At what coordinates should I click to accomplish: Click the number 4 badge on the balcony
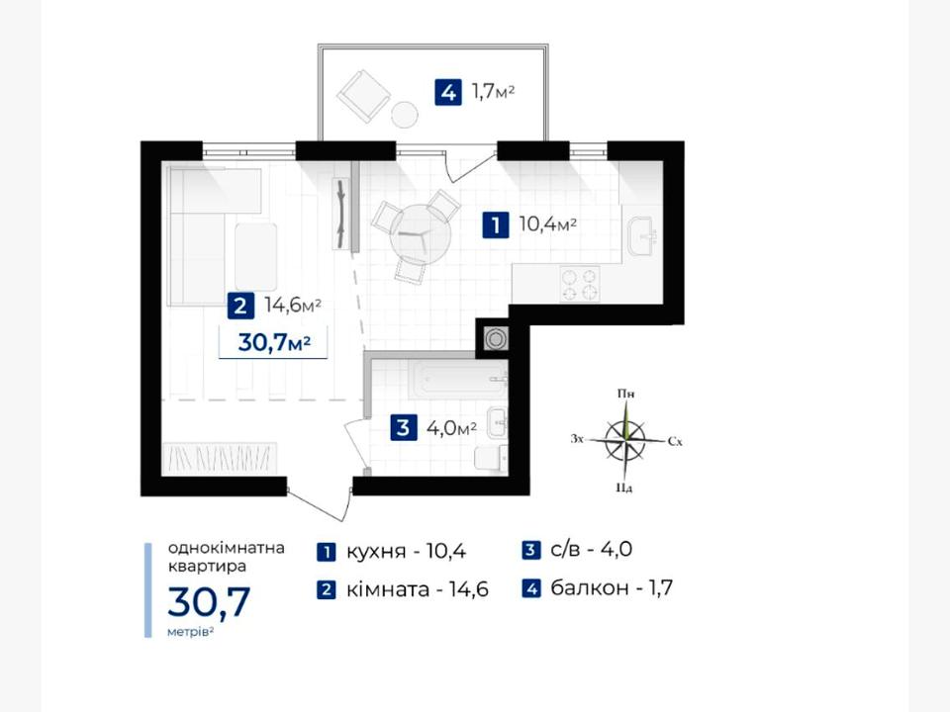tap(447, 93)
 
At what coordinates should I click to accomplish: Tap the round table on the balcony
tap(404, 113)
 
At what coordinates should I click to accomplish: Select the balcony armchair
tap(363, 95)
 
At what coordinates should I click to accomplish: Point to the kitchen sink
tap(643, 236)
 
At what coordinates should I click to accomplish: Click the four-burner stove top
tap(580, 284)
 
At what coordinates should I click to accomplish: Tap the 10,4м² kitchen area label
tap(547, 224)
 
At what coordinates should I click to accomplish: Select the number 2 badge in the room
tap(240, 306)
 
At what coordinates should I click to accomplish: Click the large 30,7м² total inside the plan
tap(274, 343)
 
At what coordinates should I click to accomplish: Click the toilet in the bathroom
tap(492, 458)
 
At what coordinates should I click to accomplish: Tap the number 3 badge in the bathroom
tap(403, 428)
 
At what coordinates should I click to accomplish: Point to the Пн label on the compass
tap(625, 394)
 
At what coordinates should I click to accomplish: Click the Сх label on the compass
tap(675, 441)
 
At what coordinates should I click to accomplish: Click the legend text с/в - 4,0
tap(592, 549)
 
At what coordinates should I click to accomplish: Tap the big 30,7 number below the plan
tap(209, 602)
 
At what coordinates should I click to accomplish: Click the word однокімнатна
tap(226, 548)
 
